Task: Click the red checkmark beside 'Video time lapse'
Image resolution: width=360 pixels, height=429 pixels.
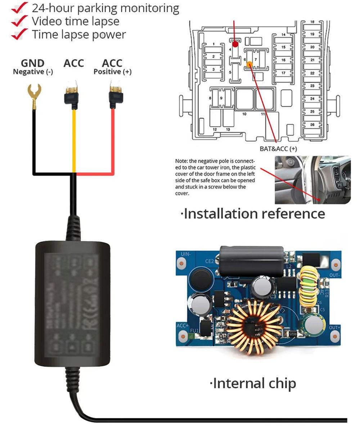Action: pyautogui.click(x=19, y=21)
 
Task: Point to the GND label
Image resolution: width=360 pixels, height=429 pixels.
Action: pyautogui.click(x=33, y=63)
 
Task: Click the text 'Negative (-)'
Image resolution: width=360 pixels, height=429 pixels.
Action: pyautogui.click(x=33, y=72)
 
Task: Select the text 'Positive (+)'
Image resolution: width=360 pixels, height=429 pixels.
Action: pyautogui.click(x=112, y=72)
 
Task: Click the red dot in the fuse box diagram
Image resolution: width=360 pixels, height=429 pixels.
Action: pyautogui.click(x=235, y=44)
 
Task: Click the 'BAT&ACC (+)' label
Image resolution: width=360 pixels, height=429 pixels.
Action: pyautogui.click(x=278, y=148)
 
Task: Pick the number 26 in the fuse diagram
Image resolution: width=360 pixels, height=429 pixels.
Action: pyautogui.click(x=312, y=125)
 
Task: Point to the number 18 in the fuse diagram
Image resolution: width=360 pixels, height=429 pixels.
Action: pyautogui.click(x=312, y=22)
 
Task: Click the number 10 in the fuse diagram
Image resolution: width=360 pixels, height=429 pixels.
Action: pyautogui.click(x=244, y=114)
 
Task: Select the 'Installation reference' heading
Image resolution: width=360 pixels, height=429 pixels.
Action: pyautogui.click(x=253, y=214)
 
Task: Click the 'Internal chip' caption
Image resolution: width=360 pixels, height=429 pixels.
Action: pyautogui.click(x=253, y=383)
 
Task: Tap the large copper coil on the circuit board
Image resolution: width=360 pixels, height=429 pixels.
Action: pyautogui.click(x=254, y=326)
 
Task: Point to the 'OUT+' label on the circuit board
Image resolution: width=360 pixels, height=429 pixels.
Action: pyautogui.click(x=334, y=328)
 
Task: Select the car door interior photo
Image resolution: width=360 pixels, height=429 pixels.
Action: pyautogui.click(x=312, y=180)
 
